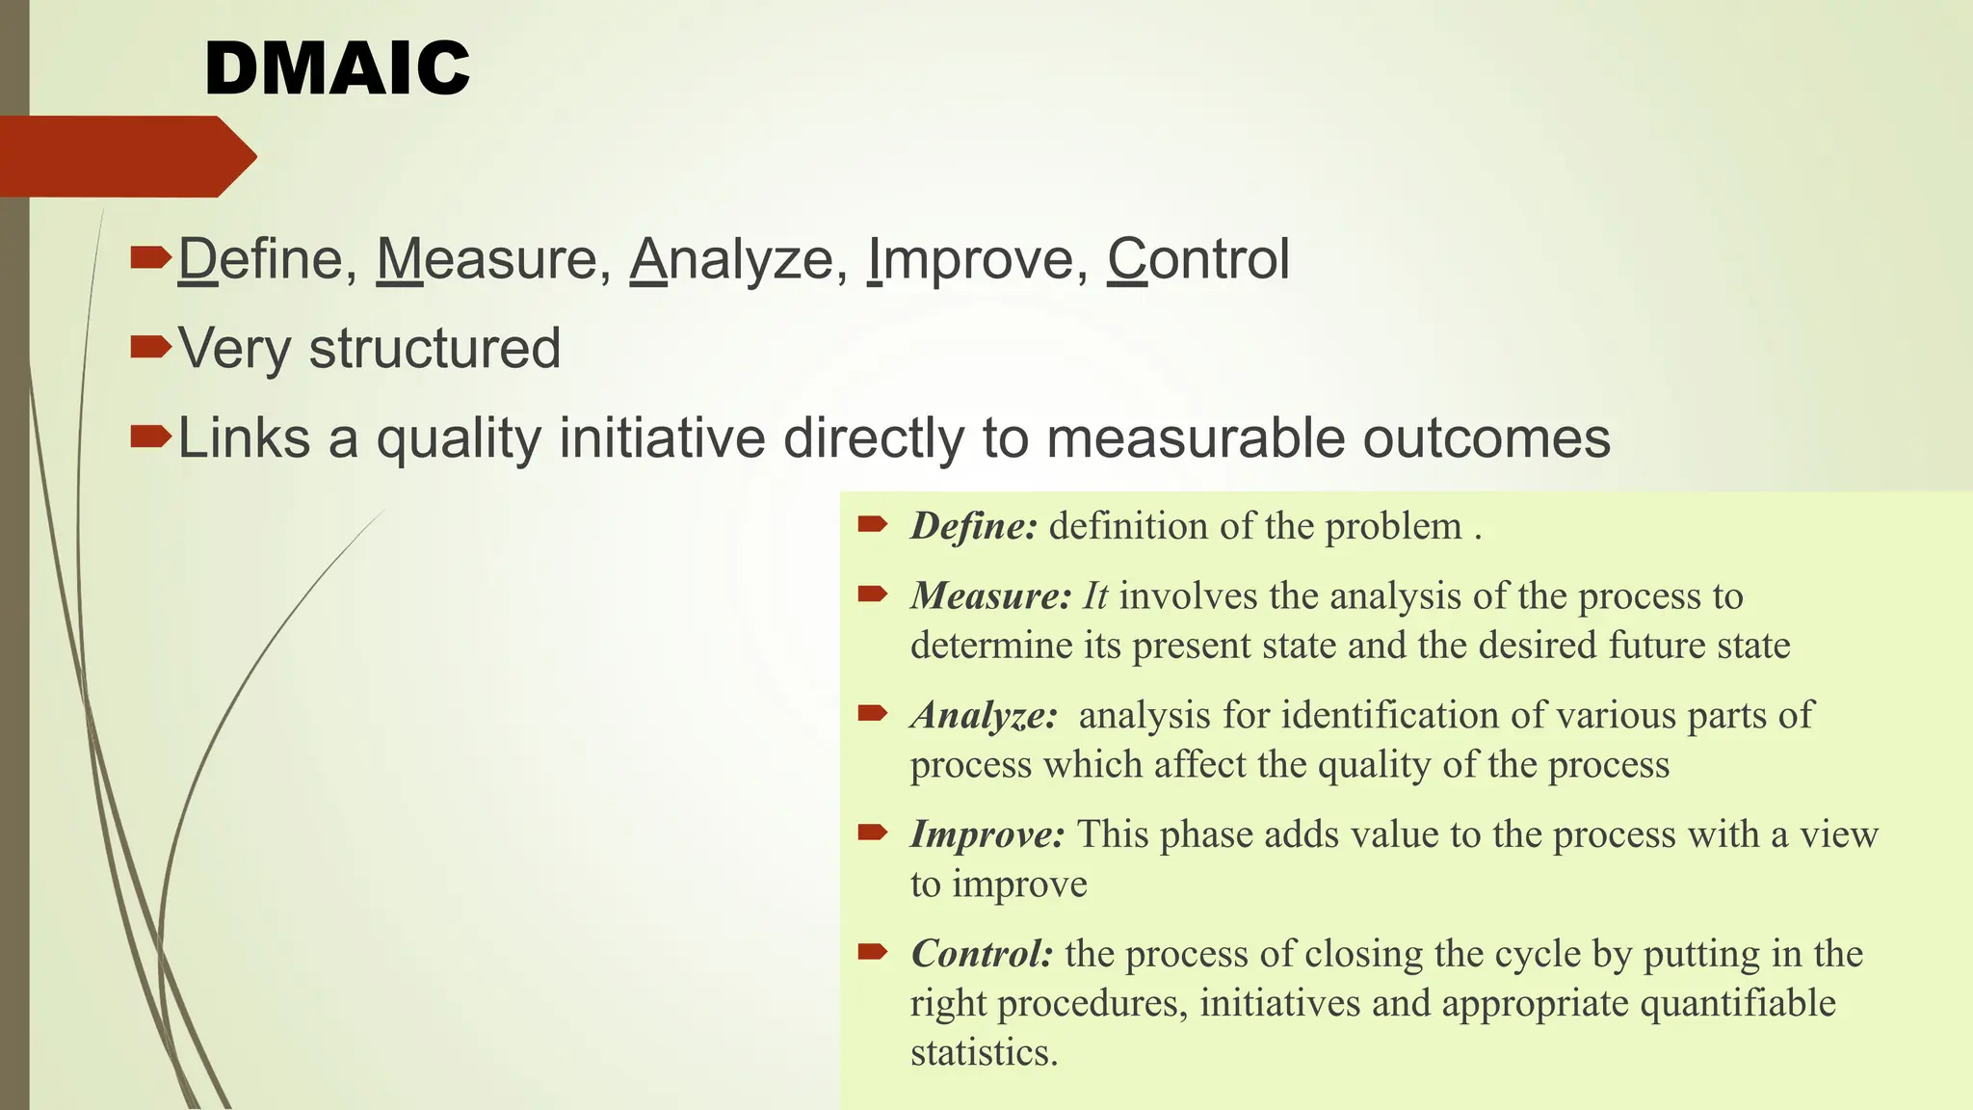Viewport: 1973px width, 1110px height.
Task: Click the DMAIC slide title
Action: pyautogui.click(x=337, y=69)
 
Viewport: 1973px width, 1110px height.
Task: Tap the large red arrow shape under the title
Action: pyautogui.click(x=125, y=156)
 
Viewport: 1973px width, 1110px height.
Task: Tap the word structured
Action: pyautogui.click(x=434, y=349)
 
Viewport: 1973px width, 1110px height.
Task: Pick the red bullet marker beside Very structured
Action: pyautogui.click(x=149, y=346)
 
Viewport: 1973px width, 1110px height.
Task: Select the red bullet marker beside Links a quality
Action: pyautogui.click(x=149, y=436)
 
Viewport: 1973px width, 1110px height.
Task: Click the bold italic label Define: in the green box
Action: pyautogui.click(x=974, y=526)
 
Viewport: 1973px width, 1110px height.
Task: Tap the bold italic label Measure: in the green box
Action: pyautogui.click(x=990, y=596)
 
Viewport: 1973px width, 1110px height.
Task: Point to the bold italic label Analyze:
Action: pyautogui.click(x=984, y=716)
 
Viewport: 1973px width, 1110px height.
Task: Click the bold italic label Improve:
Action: pyautogui.click(x=987, y=834)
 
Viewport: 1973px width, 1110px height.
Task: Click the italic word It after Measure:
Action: pyautogui.click(x=1095, y=596)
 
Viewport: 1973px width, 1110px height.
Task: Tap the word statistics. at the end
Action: pyautogui.click(x=984, y=1052)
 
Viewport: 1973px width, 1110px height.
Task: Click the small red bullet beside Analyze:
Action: pyautogui.click(x=872, y=713)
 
